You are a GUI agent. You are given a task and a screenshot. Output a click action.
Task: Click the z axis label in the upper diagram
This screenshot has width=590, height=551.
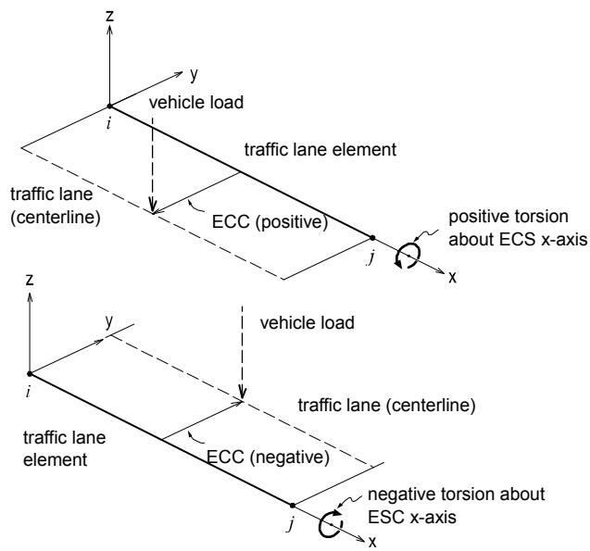(109, 16)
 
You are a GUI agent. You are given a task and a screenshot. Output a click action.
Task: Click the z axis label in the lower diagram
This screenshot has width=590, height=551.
(30, 280)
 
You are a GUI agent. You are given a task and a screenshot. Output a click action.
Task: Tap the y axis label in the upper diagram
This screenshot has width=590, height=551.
(194, 75)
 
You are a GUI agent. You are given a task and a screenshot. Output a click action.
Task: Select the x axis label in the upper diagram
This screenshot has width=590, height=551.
(452, 278)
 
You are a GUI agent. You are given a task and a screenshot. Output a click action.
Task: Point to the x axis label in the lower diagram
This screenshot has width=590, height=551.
(372, 542)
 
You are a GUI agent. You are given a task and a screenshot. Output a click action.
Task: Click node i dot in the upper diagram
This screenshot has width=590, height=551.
(109, 106)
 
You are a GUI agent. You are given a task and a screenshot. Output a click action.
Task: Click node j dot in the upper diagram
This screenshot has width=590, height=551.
(372, 238)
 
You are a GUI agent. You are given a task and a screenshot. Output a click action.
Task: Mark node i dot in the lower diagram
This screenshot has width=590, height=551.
(30, 374)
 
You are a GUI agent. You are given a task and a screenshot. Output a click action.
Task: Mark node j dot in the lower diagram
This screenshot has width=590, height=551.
(293, 506)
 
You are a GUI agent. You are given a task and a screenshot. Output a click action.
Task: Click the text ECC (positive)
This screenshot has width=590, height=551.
(270, 221)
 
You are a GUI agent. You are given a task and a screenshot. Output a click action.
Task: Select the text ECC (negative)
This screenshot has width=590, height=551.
(269, 457)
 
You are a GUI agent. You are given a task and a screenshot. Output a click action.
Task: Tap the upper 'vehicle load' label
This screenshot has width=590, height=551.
(196, 102)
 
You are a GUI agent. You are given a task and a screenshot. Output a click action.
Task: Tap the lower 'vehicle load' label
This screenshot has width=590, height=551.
(308, 322)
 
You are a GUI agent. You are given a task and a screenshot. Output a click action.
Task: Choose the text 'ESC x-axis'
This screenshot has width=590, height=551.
(412, 517)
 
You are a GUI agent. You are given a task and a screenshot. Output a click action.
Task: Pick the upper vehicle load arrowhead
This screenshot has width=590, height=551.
(153, 207)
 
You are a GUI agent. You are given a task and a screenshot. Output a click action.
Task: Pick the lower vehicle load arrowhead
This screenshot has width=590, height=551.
(243, 392)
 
